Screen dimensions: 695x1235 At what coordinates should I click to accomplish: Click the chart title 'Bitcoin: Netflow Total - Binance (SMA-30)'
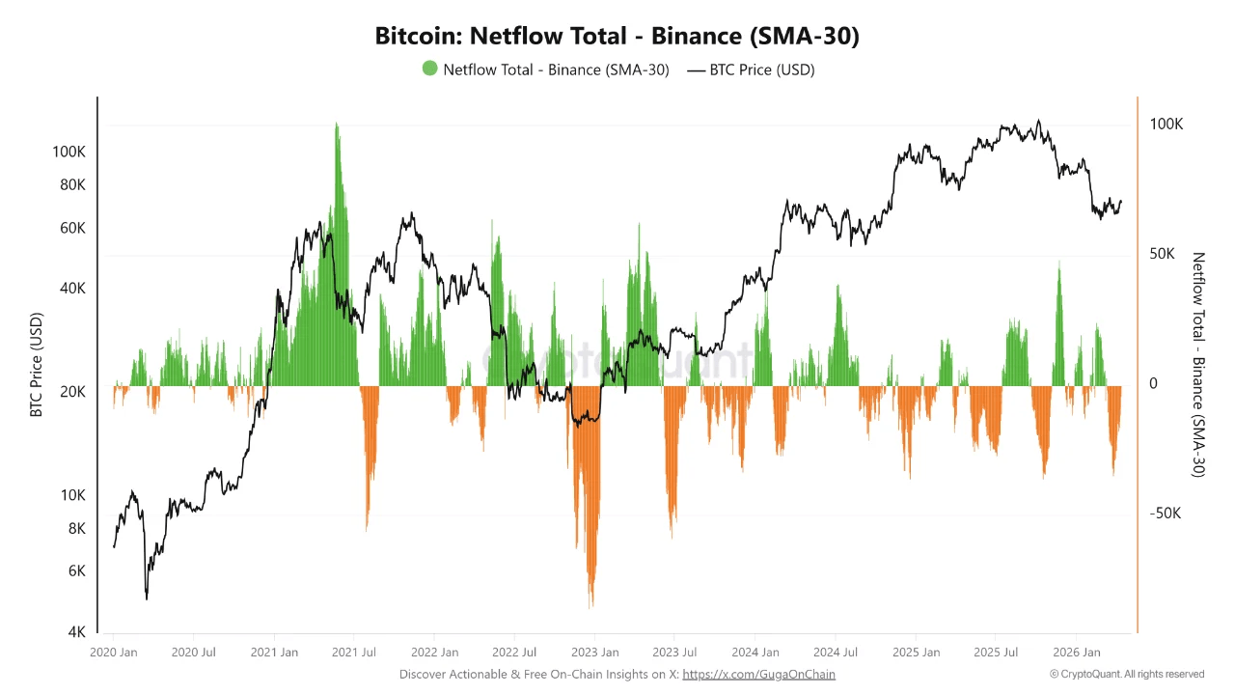click(x=617, y=37)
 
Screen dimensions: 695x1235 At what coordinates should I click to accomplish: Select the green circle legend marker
click(x=429, y=69)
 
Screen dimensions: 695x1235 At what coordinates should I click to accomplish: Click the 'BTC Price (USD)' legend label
click(x=761, y=69)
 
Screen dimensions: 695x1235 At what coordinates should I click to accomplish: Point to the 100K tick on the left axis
click(x=69, y=152)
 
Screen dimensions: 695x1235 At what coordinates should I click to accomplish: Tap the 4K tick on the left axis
click(x=76, y=632)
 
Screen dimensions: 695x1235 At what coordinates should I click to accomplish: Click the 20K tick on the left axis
click(x=73, y=392)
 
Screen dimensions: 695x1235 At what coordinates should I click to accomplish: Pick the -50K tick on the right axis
click(x=1164, y=513)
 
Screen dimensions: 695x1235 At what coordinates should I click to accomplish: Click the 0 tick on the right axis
click(x=1153, y=383)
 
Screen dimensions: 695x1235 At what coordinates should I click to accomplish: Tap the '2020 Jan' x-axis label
click(x=114, y=653)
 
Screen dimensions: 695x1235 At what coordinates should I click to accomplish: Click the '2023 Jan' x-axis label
click(x=595, y=653)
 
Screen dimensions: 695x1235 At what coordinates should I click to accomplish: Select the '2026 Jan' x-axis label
click(x=1077, y=653)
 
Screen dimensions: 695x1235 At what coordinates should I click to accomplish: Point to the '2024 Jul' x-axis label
click(x=836, y=653)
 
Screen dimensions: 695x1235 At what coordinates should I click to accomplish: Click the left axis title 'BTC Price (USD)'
click(x=37, y=365)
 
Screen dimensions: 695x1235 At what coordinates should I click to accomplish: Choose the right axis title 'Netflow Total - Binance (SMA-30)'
click(x=1199, y=365)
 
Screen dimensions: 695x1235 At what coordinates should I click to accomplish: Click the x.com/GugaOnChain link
click(x=758, y=675)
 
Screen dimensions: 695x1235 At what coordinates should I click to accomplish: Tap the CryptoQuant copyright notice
click(x=1127, y=675)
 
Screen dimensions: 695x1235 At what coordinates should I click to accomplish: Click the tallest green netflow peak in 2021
click(x=337, y=124)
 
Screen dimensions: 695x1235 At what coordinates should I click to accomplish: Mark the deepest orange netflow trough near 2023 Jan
click(x=590, y=606)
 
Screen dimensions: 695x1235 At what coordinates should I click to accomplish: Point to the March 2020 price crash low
click(x=147, y=598)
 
